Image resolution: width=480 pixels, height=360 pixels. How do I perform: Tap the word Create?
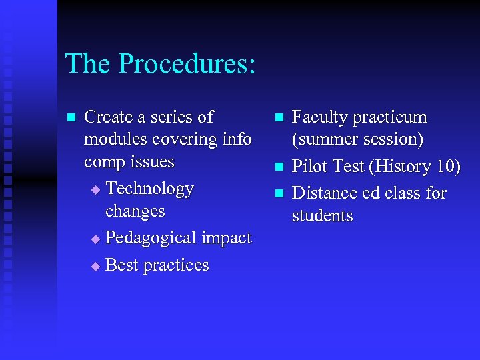[x=109, y=117]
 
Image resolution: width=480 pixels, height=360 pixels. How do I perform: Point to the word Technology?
[x=150, y=189]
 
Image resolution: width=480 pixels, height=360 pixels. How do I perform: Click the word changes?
[x=135, y=212]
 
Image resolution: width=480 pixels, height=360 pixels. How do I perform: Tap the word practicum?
[x=390, y=118]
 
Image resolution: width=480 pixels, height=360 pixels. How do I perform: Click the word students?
[x=322, y=216]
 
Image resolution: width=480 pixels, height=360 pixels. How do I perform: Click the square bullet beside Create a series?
[x=71, y=118]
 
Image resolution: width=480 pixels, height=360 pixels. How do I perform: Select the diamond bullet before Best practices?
[x=95, y=266]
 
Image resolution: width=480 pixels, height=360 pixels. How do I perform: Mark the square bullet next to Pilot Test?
[x=279, y=167]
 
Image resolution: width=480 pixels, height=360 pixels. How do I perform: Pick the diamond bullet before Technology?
[x=95, y=190]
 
